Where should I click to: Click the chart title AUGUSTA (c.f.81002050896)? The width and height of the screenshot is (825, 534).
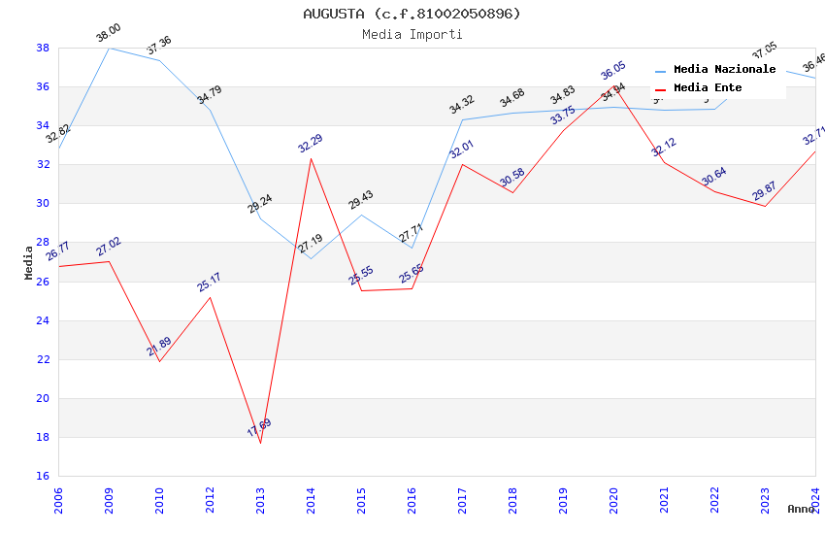tap(412, 14)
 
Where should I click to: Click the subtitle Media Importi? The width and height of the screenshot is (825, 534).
tap(412, 35)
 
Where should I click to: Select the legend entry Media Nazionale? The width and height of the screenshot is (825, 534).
tap(724, 70)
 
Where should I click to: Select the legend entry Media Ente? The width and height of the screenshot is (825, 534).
tap(708, 88)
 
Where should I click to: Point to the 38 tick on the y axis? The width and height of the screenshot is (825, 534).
tap(43, 48)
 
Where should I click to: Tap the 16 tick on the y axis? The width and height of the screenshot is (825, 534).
tap(43, 476)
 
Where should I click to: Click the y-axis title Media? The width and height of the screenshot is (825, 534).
tap(29, 262)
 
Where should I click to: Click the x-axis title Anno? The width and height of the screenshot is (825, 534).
tap(801, 509)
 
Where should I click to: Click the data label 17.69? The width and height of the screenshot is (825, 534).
tap(259, 428)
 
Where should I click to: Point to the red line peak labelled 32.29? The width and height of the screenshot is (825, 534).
tap(311, 158)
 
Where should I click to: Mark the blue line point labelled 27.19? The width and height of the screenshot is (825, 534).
tap(311, 258)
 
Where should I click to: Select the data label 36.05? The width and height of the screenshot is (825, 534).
tap(612, 71)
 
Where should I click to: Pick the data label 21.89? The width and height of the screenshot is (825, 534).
tap(159, 347)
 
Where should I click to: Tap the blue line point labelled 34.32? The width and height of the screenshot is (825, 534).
tap(462, 119)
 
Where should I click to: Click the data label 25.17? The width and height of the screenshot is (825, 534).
tap(209, 282)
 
